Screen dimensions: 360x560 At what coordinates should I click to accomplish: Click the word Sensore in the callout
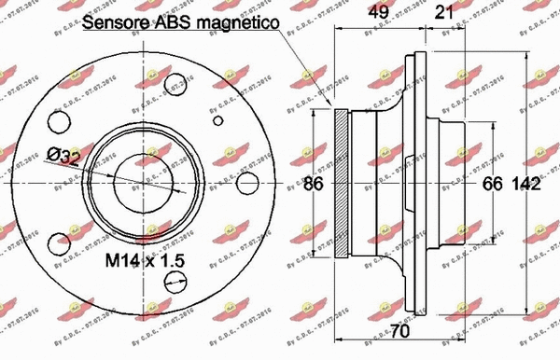(115, 22)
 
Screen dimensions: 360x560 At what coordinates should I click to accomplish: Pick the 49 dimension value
(376, 13)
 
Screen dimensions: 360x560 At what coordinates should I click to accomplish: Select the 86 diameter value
(314, 185)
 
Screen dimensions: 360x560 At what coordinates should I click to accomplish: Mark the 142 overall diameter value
(530, 185)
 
